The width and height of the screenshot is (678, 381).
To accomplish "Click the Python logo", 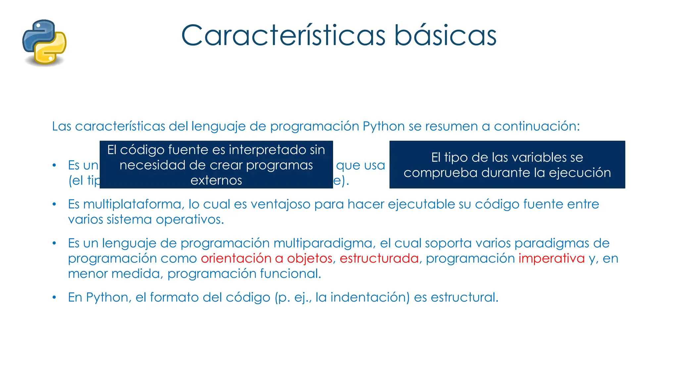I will click(x=44, y=42).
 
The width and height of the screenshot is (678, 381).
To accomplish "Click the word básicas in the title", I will click(x=445, y=35).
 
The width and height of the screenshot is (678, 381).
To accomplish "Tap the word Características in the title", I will click(x=283, y=35).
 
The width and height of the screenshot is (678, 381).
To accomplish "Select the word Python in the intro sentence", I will click(x=383, y=126).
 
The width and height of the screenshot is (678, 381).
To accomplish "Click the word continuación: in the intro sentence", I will click(x=537, y=126).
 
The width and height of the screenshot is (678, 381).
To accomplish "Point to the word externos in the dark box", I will click(x=216, y=181).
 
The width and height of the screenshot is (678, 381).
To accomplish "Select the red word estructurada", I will click(x=379, y=259).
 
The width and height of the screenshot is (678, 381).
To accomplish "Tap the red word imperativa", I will click(x=552, y=259).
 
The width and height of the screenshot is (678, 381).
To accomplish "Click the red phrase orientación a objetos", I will click(x=266, y=259).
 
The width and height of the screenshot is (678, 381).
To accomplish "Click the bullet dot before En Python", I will click(x=54, y=298).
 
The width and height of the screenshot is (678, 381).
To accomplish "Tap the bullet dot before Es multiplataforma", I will click(x=54, y=205).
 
